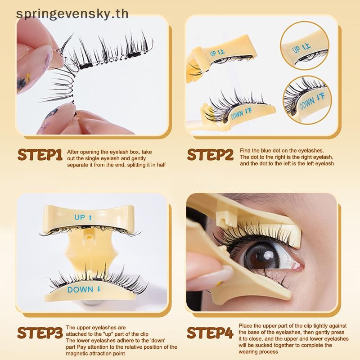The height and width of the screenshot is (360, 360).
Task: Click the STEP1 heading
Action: [40, 154]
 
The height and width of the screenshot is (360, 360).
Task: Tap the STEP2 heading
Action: [210, 154]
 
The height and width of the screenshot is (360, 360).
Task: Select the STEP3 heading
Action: [40, 333]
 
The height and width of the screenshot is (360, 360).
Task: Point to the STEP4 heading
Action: [210, 333]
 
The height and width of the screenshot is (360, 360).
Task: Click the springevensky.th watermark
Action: [72, 14]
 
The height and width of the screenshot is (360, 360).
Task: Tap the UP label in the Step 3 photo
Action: [83, 217]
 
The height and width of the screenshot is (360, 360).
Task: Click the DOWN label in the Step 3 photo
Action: [84, 289]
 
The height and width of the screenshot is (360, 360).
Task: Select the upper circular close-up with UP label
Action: [305, 45]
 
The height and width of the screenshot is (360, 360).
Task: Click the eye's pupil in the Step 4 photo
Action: [264, 257]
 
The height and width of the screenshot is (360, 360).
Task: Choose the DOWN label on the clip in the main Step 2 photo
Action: [241, 113]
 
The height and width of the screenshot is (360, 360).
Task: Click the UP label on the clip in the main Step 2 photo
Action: [217, 53]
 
